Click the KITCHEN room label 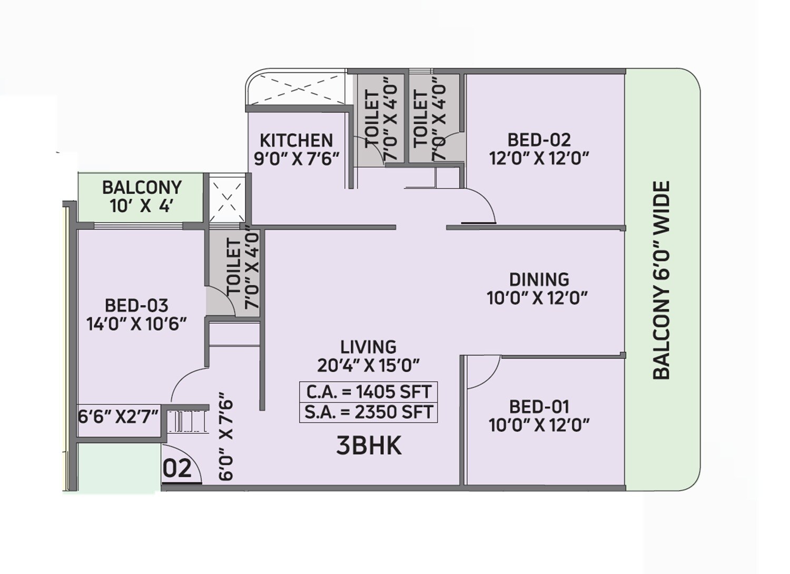click(296, 141)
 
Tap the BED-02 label click(539, 140)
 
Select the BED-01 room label click(539, 407)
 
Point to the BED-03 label click(136, 305)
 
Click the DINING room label click(539, 279)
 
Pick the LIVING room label click(368, 347)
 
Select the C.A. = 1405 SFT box click(368, 392)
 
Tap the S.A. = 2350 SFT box click(368, 412)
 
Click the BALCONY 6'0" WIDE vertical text click(661, 280)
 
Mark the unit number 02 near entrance click(177, 468)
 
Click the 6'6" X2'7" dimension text click(118, 417)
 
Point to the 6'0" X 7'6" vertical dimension click(225, 436)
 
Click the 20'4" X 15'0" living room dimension click(368, 365)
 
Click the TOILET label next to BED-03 click(235, 267)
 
